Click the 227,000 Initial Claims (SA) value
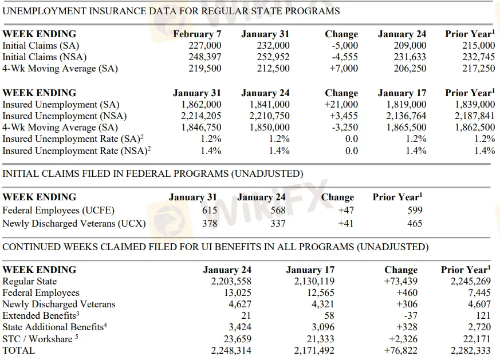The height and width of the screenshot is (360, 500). [205, 46]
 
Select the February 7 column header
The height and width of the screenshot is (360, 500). [197, 34]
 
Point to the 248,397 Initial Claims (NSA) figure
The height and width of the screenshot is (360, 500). [205, 57]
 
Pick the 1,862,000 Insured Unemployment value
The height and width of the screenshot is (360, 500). [201, 105]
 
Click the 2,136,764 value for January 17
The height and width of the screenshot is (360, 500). [406, 116]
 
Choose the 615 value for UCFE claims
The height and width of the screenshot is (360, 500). [210, 211]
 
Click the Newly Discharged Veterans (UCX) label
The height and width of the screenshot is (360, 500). [74, 223]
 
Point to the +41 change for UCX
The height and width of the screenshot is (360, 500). [346, 223]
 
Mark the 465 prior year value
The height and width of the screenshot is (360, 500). [414, 223]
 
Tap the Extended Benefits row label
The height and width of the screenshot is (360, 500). [41, 316]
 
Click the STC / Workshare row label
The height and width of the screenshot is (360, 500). [40, 339]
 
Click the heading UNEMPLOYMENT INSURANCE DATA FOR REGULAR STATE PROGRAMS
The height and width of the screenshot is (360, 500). [171, 11]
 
